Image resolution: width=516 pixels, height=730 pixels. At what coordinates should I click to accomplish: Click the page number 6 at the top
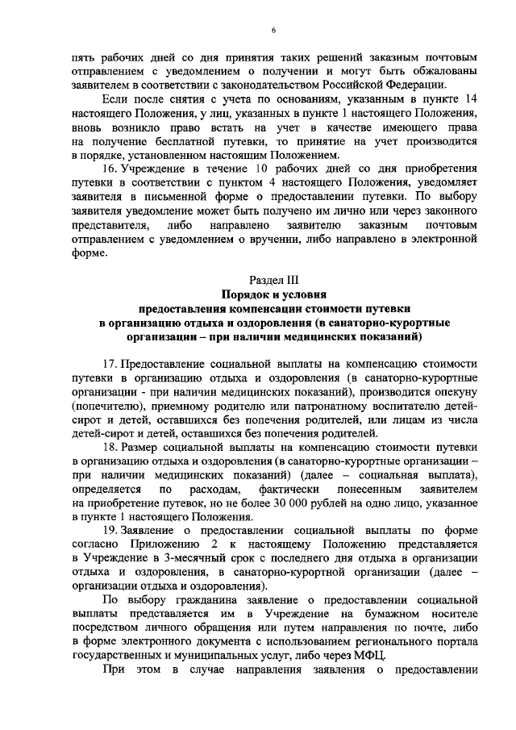click(x=273, y=30)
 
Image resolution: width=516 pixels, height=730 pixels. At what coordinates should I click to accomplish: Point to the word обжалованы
click(x=441, y=70)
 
